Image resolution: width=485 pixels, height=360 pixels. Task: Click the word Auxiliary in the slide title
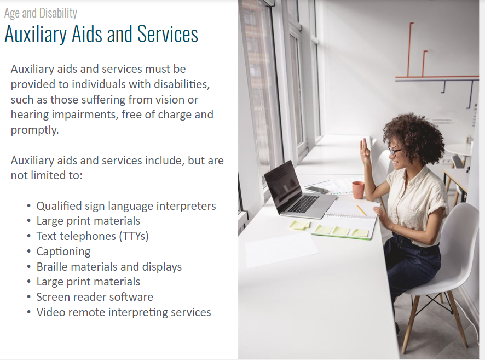pos(35,34)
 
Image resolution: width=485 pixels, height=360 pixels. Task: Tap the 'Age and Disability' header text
pos(41,13)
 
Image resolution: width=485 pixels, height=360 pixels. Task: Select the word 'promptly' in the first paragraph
pos(34,130)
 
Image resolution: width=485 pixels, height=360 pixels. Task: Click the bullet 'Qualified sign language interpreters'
pos(126,206)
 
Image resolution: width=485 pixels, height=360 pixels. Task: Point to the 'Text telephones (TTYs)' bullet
pos(93,236)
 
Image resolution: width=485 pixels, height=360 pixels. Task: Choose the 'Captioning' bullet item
pos(63,252)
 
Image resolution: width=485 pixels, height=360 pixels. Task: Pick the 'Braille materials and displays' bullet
pos(109,267)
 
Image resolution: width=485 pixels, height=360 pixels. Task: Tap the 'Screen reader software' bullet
pos(95,297)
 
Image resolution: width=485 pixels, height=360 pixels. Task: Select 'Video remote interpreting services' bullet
pos(124,312)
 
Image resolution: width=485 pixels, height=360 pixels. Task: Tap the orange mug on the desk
pos(358,190)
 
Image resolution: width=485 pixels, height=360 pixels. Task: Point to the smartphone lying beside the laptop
pos(317,190)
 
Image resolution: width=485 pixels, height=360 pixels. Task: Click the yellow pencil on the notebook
pos(361,210)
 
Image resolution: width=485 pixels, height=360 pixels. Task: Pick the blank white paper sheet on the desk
pos(281,250)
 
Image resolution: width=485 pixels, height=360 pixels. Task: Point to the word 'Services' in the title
pos(168,34)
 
